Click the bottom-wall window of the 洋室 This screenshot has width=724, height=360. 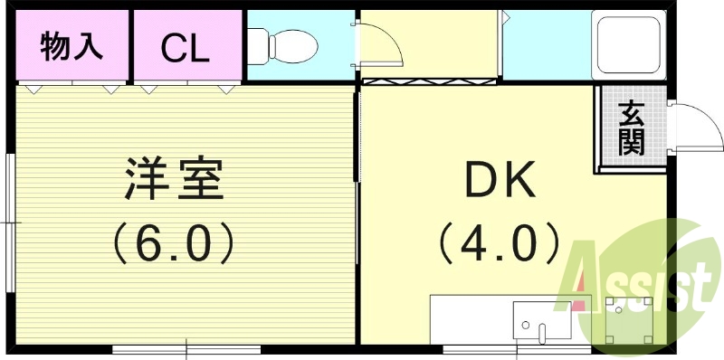pos(186,348)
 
